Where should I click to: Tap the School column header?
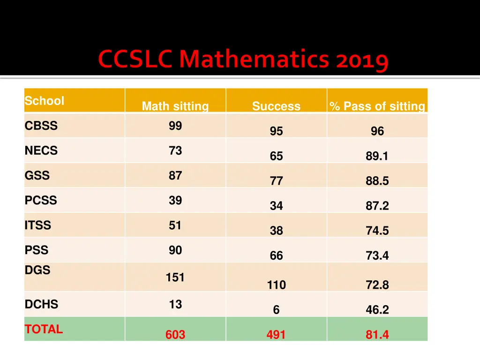click(44, 101)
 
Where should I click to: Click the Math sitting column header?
click(175, 106)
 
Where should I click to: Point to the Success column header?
click(276, 106)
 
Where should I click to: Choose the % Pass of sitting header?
click(377, 106)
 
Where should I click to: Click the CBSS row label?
click(41, 126)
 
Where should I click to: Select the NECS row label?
click(41, 150)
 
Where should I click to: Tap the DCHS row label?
click(42, 304)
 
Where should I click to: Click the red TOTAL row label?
click(44, 329)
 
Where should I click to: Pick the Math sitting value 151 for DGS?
click(175, 277)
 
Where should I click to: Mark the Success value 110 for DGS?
click(276, 285)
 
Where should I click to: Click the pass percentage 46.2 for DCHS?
click(377, 310)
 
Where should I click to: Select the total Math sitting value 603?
click(175, 335)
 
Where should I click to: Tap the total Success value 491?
click(276, 335)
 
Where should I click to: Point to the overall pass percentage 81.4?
click(377, 335)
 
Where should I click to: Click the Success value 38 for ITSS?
click(276, 231)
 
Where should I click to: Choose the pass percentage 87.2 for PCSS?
click(377, 206)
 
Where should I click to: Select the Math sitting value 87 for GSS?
click(175, 175)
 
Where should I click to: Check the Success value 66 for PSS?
click(276, 255)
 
